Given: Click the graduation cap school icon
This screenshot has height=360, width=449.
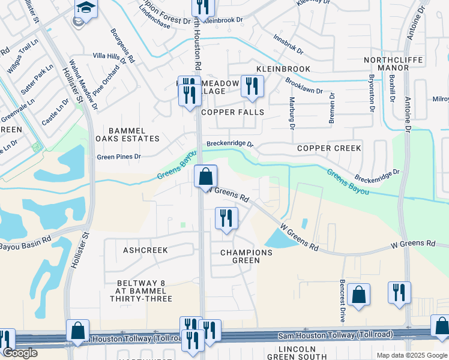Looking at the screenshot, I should tap(86, 9).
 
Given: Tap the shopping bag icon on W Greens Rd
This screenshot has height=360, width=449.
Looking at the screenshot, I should tap(206, 177).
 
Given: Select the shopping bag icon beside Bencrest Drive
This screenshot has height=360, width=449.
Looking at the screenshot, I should tap(358, 295).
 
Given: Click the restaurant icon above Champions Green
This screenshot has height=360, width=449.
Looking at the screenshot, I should tap(226, 218).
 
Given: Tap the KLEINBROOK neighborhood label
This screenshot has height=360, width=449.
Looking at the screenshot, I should tap(283, 69).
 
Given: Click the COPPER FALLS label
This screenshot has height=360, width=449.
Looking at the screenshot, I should tap(232, 112).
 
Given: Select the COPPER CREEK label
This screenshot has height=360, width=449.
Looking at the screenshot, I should tap(329, 148).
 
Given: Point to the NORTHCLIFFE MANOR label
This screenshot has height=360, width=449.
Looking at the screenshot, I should tap(394, 64).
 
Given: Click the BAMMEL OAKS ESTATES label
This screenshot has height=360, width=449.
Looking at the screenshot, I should tap(133, 134).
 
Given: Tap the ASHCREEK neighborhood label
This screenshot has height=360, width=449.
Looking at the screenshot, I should tap(145, 249).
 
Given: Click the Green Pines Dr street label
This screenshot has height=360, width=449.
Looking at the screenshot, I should tap(119, 157).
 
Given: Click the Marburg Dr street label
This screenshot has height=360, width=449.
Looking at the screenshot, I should tap(292, 114).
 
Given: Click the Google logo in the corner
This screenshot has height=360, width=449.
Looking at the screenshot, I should tap(20, 353).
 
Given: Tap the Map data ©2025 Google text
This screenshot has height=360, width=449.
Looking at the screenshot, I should tap(411, 355).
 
